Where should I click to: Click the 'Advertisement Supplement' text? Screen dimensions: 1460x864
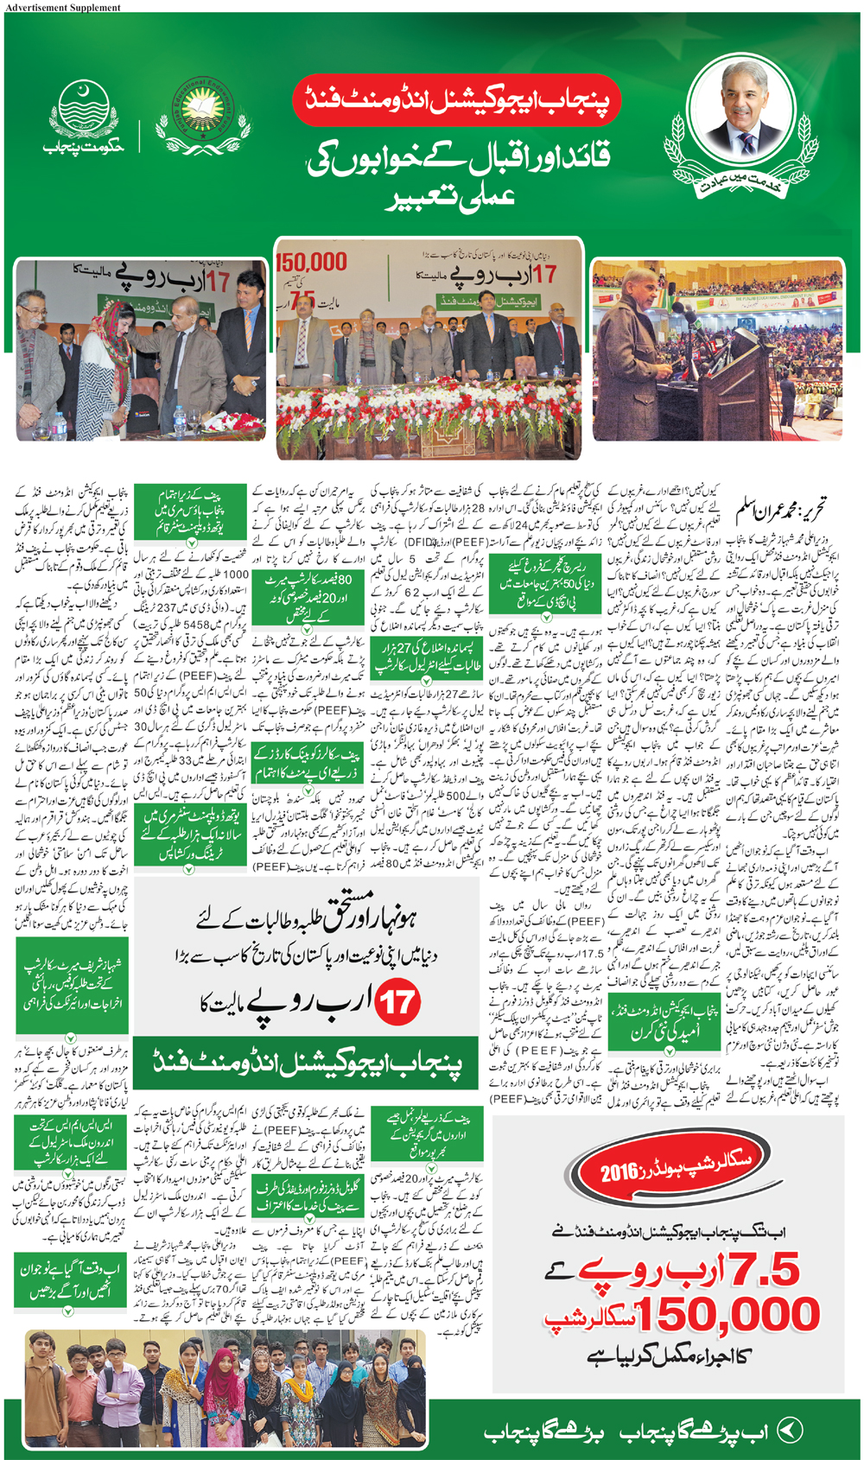(x=62, y=7)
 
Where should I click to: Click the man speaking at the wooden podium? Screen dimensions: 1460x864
(x=634, y=346)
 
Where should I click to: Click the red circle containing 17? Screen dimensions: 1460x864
(x=397, y=1002)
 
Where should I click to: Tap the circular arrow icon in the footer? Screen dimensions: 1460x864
(x=790, y=1430)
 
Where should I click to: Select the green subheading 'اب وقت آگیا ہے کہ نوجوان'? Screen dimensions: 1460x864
(x=67, y=1278)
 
